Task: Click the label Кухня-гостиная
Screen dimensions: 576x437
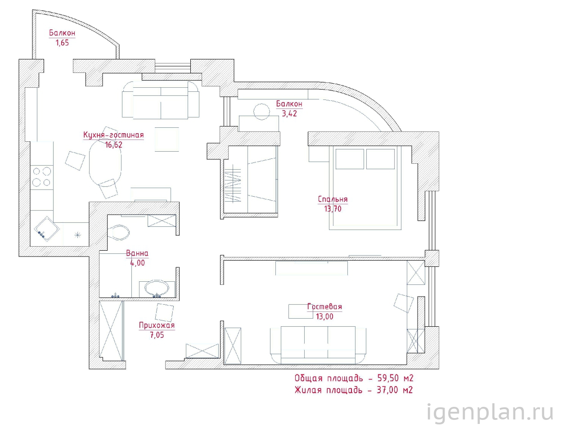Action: tap(113, 135)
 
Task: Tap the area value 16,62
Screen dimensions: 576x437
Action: tap(113, 144)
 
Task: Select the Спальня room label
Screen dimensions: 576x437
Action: tap(333, 199)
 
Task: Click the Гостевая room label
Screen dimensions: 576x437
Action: tap(324, 306)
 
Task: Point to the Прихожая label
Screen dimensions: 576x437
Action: tap(157, 325)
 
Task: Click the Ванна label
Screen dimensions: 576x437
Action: tap(137, 253)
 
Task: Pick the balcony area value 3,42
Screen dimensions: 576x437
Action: tap(289, 113)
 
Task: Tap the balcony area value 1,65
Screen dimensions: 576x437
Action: tap(62, 42)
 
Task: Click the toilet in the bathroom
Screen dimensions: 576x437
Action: tap(119, 232)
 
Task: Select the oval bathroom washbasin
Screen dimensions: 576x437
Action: tap(157, 289)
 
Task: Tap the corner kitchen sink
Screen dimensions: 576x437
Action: tap(46, 229)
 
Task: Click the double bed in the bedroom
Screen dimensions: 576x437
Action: tap(365, 188)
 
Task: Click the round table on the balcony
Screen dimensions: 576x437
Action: tap(261, 112)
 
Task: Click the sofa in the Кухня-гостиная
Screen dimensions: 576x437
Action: tap(161, 100)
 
